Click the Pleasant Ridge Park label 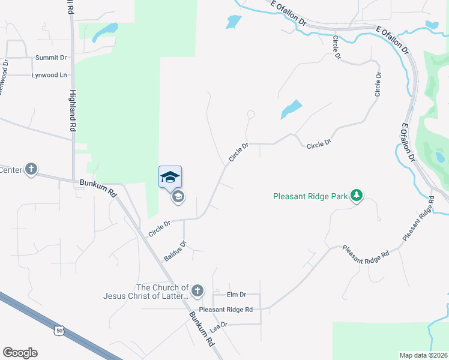tap(310, 196)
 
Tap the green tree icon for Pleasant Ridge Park tap(357, 196)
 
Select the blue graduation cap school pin tap(170, 176)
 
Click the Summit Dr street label tap(50, 58)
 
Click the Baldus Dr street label tap(175, 251)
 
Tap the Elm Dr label tap(237, 295)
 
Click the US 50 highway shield tap(58, 330)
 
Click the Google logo tap(20, 353)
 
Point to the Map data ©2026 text tap(423, 355)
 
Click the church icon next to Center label tap(31, 170)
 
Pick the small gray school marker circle tap(178, 197)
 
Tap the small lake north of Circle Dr tap(291, 109)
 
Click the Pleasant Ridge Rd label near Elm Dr tap(226, 310)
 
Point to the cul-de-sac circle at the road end tap(251, 114)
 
